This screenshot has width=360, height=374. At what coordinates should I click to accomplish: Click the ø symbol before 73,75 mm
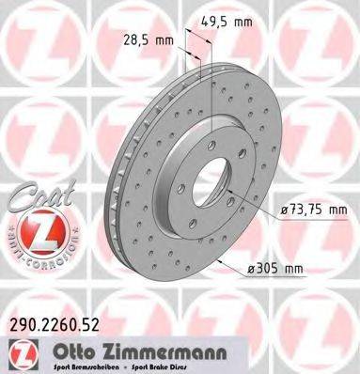click(x=282, y=209)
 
